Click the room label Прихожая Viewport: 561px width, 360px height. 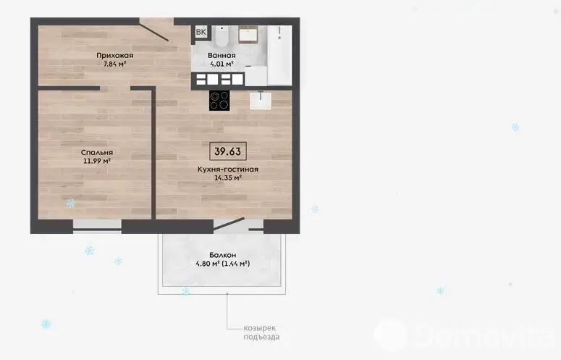coord(115,56)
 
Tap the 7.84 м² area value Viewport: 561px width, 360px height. coord(115,64)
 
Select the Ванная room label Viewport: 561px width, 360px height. coord(222,56)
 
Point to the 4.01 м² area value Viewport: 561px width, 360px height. coord(222,64)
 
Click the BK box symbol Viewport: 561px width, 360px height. coord(201,32)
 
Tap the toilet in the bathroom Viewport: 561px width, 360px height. coord(222,35)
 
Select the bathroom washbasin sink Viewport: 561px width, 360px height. coord(248,34)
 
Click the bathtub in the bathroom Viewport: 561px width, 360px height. coord(279,55)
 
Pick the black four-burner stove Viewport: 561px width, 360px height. coord(219,101)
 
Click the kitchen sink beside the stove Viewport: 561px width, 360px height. coord(261,100)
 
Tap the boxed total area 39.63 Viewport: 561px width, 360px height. coord(228,151)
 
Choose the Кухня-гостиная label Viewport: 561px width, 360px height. coord(228,169)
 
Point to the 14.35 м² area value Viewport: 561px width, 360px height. coord(228,177)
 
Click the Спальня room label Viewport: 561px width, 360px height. coord(97,152)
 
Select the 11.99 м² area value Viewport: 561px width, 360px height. coord(97,161)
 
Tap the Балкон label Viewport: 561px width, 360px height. coord(222,255)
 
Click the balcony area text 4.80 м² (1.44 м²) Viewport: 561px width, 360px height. coord(222,264)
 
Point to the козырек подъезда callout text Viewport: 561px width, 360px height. coord(261,332)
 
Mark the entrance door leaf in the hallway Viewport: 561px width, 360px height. coord(154,33)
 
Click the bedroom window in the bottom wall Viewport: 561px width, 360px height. coord(97,227)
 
